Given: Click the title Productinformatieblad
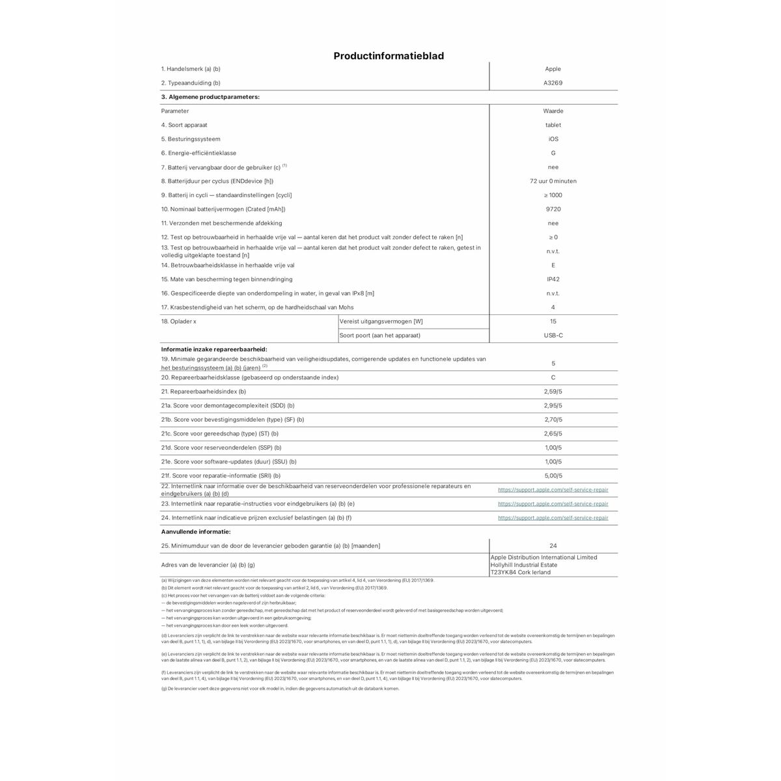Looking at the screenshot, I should [x=389, y=56].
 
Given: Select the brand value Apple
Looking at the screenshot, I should [x=553, y=69].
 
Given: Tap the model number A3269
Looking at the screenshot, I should [x=553, y=83].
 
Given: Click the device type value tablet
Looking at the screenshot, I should [x=553, y=125].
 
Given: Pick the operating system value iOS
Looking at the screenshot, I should [x=553, y=139].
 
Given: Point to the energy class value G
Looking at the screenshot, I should [x=553, y=154].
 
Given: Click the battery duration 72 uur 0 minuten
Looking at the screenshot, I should [x=553, y=182].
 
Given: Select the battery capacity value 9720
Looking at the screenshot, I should [x=553, y=210].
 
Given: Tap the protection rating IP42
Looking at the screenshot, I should [x=553, y=279].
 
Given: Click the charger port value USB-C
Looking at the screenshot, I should [x=553, y=335].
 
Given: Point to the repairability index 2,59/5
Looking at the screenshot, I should [x=553, y=392].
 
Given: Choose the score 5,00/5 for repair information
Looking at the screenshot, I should [x=553, y=476].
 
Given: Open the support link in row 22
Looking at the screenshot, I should [x=553, y=489].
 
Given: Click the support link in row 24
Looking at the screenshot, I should [x=553, y=518].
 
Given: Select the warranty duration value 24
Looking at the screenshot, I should [x=553, y=546].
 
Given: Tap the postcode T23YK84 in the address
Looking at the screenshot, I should [x=506, y=573].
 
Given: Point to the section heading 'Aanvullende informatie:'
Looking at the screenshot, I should [x=195, y=532].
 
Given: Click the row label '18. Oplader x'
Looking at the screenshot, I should [x=178, y=322].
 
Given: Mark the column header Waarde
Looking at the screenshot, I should [x=553, y=111].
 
